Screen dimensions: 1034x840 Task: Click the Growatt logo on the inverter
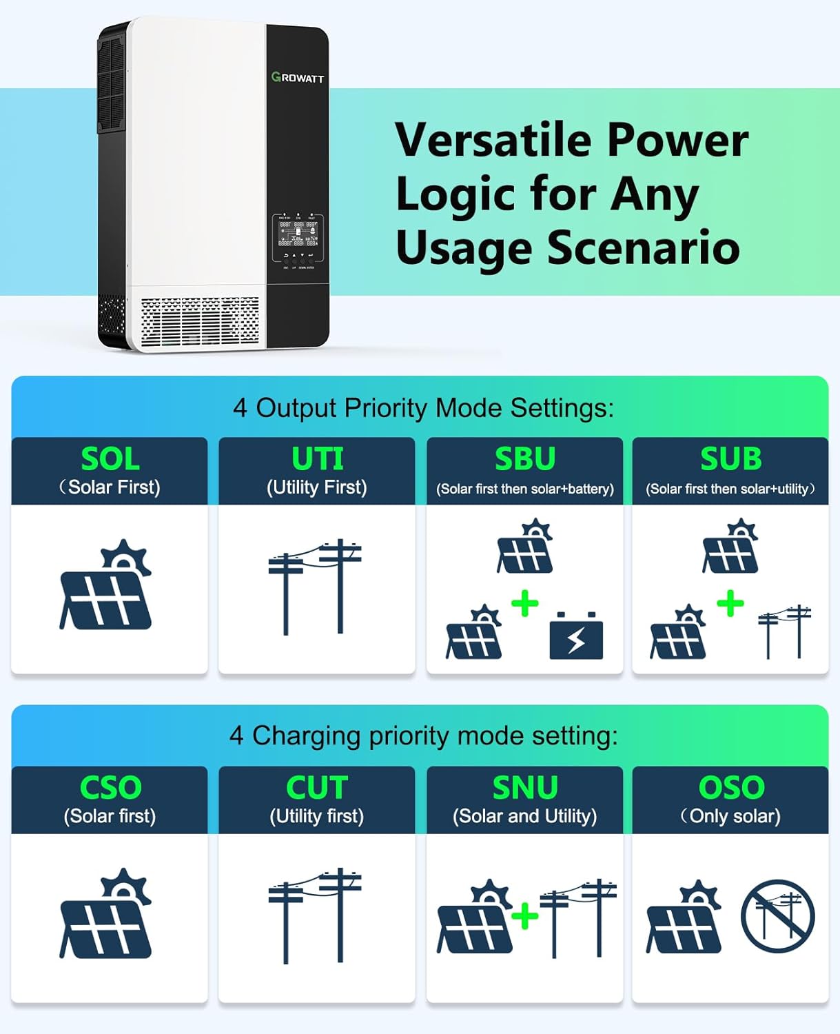[298, 78]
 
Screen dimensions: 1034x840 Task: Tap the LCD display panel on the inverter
[298, 234]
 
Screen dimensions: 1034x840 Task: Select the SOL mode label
[110, 459]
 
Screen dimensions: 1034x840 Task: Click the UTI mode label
[317, 459]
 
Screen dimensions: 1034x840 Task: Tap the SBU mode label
[525, 459]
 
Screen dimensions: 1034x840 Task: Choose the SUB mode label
[731, 459]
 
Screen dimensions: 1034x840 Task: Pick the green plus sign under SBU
[525, 604]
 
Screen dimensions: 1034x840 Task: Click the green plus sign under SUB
[730, 604]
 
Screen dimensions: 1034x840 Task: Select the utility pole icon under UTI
[315, 587]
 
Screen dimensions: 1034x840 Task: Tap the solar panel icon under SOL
[106, 586]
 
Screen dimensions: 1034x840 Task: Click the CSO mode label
[110, 788]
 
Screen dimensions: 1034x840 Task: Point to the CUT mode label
[317, 788]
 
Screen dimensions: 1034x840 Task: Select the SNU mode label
[525, 788]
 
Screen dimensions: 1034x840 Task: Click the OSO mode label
[731, 788]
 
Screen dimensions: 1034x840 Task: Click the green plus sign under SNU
[525, 916]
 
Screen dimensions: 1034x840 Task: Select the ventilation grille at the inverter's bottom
[200, 322]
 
